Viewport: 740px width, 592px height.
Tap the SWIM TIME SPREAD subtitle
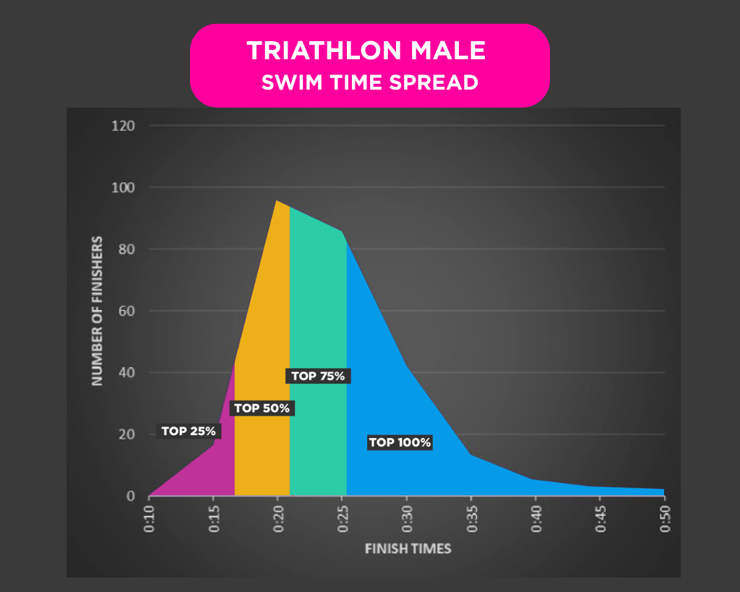coord(369,82)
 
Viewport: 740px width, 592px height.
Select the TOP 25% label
coord(189,432)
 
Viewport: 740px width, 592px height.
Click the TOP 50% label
coord(262,408)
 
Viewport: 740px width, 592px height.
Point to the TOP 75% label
coord(319,376)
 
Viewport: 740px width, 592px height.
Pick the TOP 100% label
coord(400,442)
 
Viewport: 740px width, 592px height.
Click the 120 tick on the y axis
coord(124,126)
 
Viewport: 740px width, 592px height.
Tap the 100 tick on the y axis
coord(124,188)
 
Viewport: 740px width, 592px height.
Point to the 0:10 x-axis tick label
coord(149,520)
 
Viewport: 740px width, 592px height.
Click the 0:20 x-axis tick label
coord(277,520)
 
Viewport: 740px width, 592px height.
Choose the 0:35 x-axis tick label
coord(471,520)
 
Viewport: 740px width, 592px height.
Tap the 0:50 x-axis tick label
coord(664,520)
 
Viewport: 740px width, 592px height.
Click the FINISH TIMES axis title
coord(408,549)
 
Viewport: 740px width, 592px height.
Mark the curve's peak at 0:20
coord(277,201)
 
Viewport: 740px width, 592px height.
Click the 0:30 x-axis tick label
coord(407,520)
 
